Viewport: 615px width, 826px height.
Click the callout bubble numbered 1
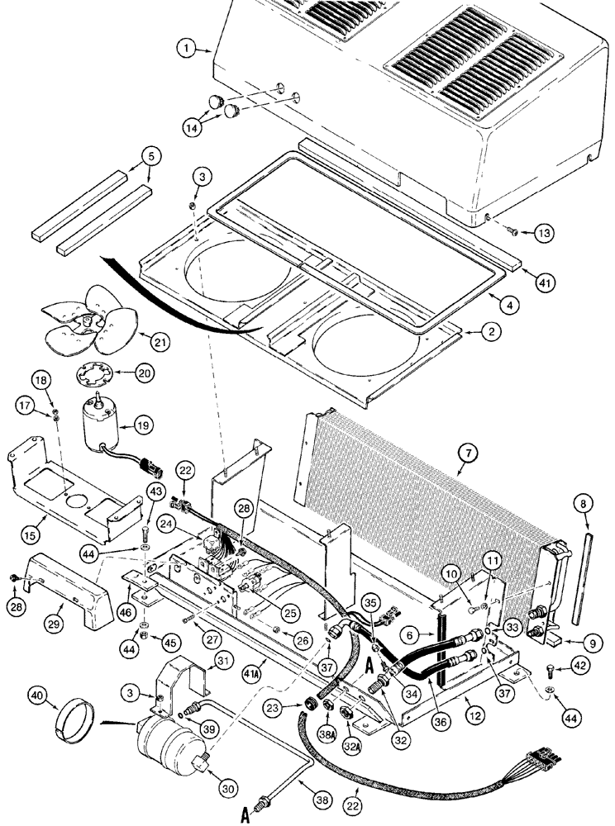[x=189, y=50]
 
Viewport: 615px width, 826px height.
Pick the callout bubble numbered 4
[x=512, y=305]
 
